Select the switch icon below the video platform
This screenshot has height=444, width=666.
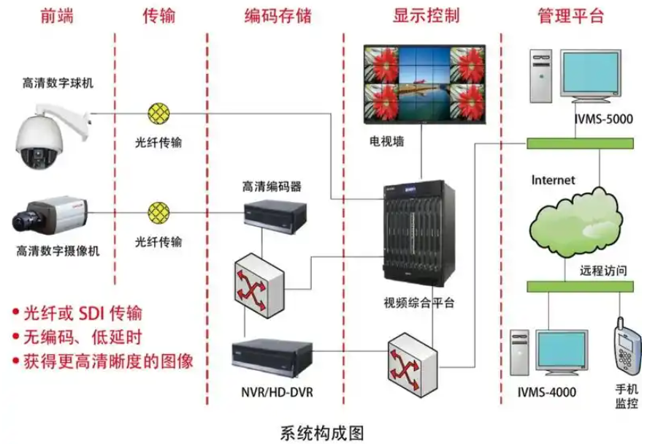pos(414,359)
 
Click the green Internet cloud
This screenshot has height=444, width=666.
pos(575,217)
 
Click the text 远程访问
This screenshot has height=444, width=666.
pos(603,269)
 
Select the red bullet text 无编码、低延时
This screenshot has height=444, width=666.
pos(82,336)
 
